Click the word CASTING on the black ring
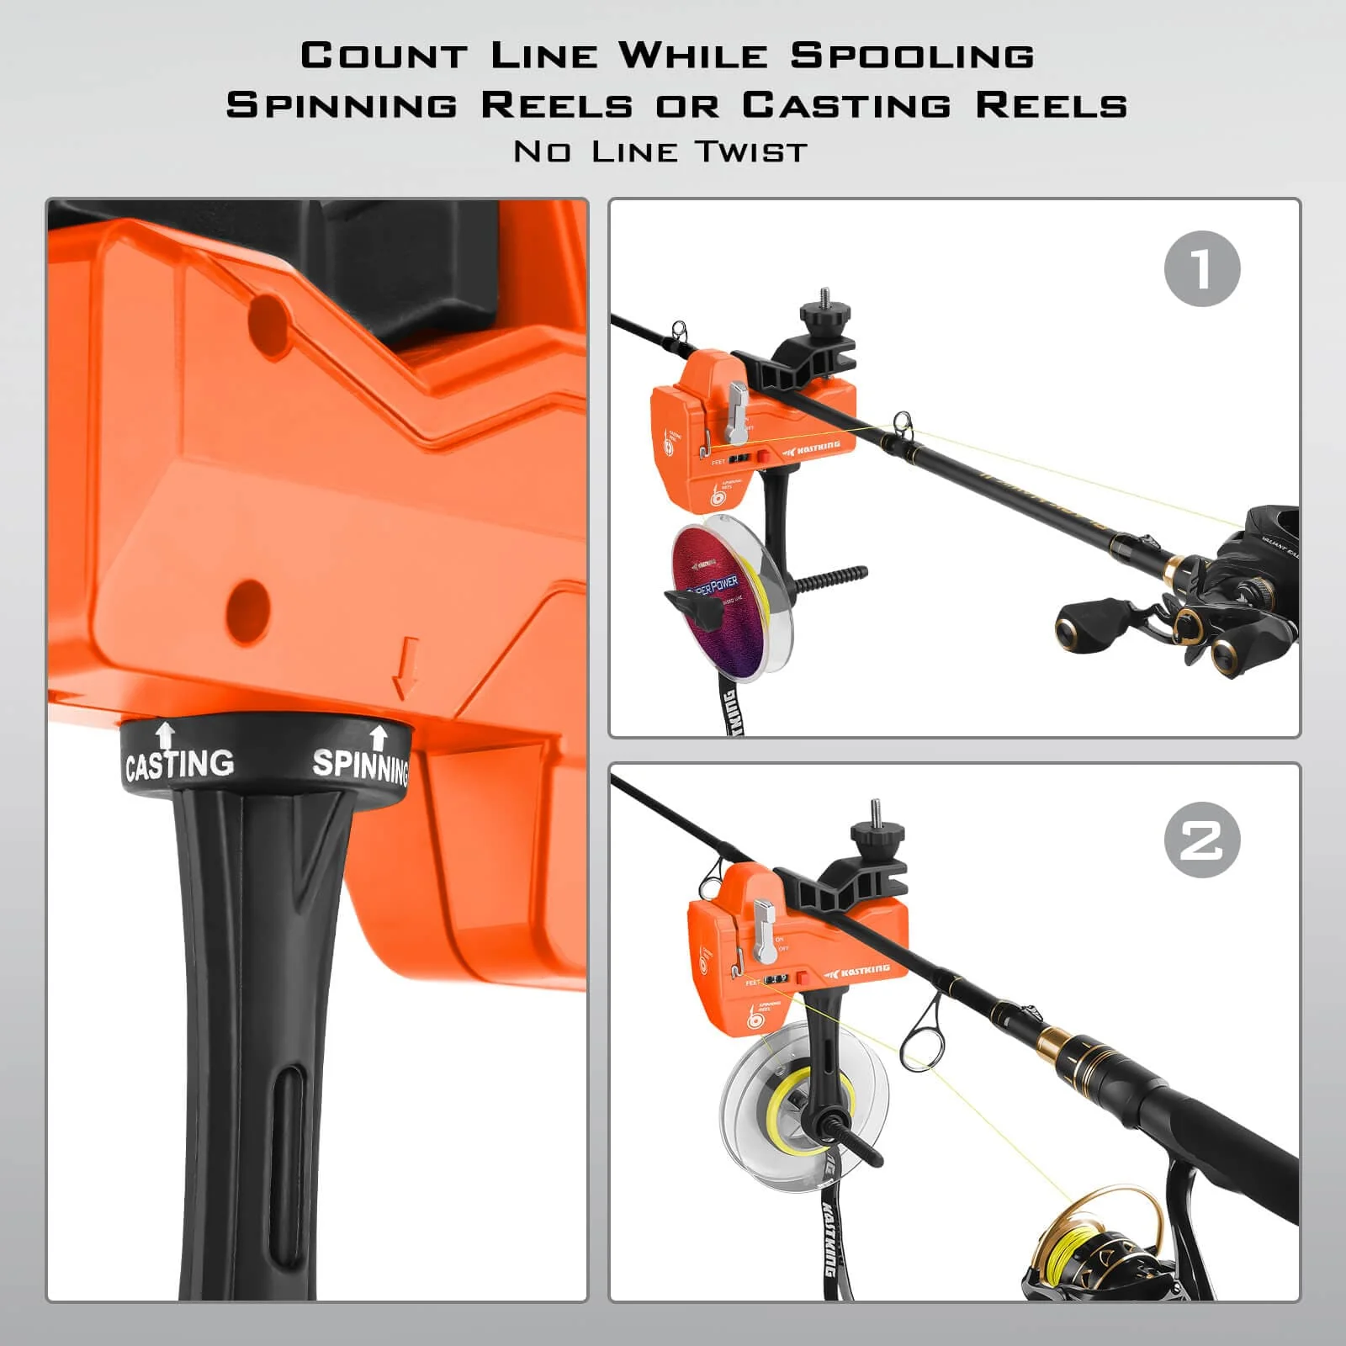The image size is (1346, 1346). coord(179,764)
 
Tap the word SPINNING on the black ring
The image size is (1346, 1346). coord(360,766)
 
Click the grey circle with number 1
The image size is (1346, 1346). coord(1202,268)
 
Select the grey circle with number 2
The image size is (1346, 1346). coord(1202,840)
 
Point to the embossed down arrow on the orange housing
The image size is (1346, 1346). coord(407,666)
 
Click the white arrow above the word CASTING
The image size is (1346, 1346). coord(166,734)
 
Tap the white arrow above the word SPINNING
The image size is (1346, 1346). coord(379,737)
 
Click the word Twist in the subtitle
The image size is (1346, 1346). coord(751,152)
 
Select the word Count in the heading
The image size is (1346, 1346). coord(384,56)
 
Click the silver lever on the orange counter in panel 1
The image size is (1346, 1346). coord(737,412)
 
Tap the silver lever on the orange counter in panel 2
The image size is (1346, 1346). coord(764,930)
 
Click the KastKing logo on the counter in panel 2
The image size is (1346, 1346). coord(858,972)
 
